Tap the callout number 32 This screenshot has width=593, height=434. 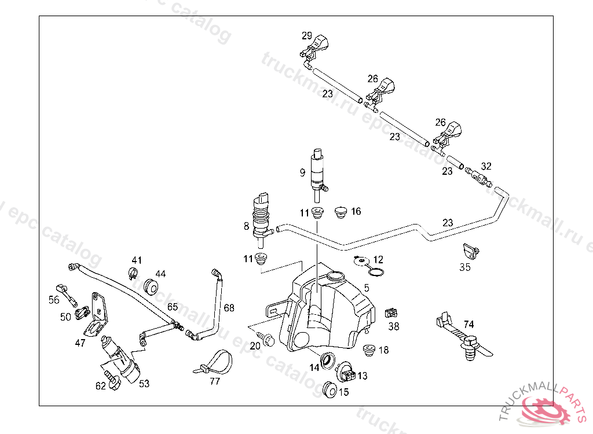(x=486, y=166)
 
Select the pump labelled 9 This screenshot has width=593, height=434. (x=317, y=171)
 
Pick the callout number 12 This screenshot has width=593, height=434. (x=378, y=260)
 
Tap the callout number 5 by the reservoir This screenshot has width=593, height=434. (x=367, y=288)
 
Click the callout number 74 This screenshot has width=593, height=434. (x=469, y=324)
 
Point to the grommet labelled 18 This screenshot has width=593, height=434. (x=368, y=350)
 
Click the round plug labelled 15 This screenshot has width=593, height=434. (x=330, y=389)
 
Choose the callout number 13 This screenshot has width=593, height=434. (x=363, y=376)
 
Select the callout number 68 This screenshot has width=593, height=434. (x=229, y=308)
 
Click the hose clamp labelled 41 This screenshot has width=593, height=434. (x=133, y=273)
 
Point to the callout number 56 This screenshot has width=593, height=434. (x=54, y=300)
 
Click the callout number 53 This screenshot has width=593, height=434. (x=144, y=383)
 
